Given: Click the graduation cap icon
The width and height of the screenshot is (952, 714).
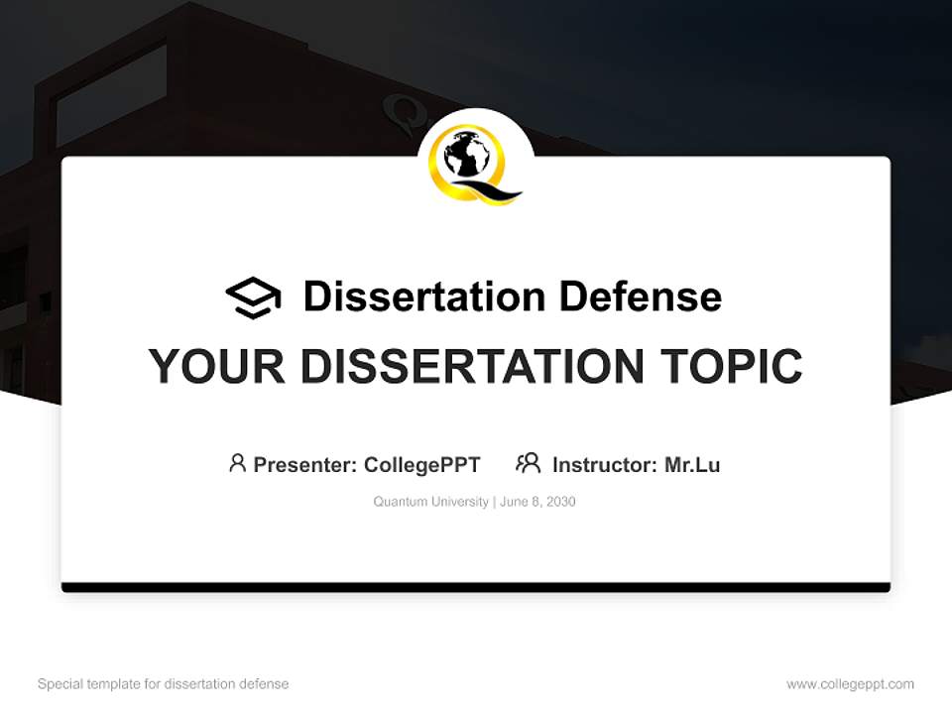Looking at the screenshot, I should coord(253,297).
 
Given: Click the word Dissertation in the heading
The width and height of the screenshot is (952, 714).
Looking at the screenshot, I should coord(423,297).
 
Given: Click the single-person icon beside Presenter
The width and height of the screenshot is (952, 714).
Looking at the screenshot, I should coord(237,463).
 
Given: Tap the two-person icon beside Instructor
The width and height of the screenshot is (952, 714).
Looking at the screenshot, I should coord(528,463).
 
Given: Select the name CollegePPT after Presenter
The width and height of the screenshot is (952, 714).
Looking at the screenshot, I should coord(422,465).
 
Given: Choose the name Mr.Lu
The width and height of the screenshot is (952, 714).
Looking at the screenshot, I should coord(692,465).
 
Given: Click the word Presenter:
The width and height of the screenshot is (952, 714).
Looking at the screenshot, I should coord(305,465).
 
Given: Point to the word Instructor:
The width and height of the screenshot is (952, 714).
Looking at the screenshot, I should coord(604,465).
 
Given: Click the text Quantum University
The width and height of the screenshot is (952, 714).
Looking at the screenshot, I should coord(430,502).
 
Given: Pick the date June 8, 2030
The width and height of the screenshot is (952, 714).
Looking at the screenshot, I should coord(537,502).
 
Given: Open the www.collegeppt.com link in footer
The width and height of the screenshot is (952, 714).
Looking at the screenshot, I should coord(850,684).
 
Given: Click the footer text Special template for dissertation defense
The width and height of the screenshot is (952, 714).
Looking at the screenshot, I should coord(164,684).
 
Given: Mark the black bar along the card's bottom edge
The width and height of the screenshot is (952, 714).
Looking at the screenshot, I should coord(476,587).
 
